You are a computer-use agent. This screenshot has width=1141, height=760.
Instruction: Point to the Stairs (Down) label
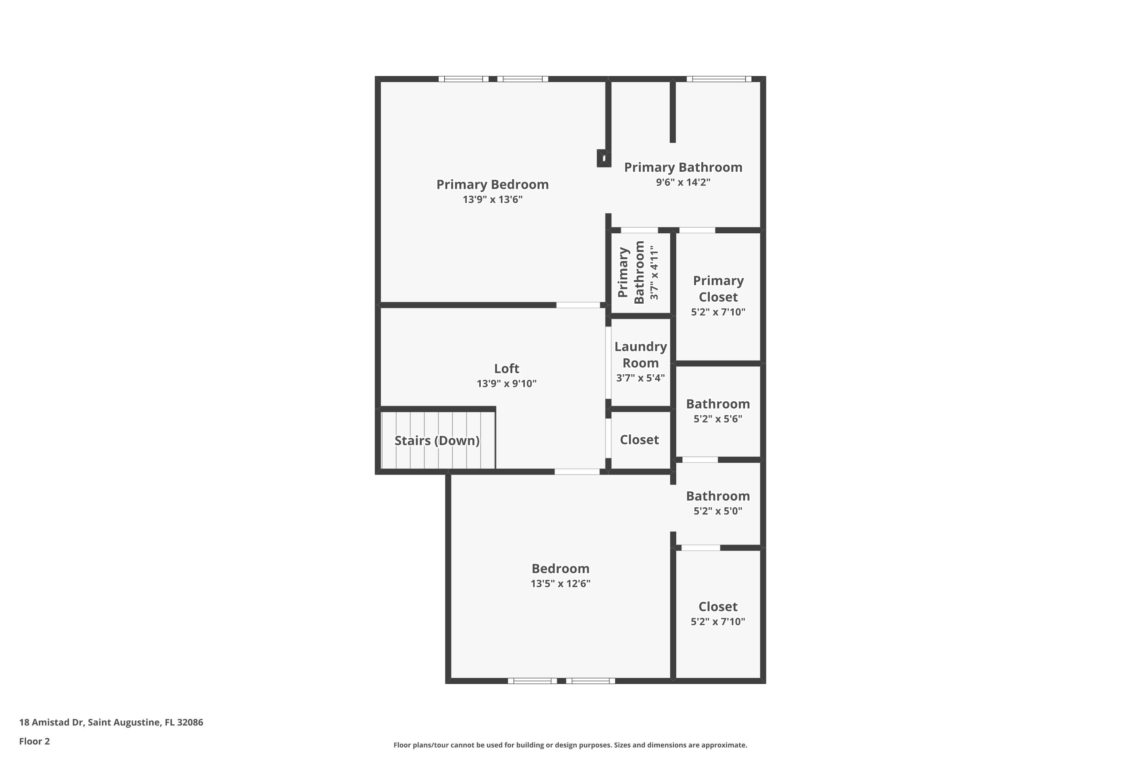click(x=437, y=440)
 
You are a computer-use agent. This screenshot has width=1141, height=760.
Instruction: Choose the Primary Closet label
click(x=718, y=288)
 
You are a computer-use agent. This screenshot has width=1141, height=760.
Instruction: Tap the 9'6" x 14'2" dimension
click(x=683, y=182)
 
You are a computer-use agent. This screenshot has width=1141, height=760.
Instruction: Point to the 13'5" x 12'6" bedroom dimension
click(x=560, y=584)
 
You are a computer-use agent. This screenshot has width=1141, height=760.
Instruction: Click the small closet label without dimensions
click(x=639, y=440)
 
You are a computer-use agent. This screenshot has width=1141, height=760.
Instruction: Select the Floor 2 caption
click(x=35, y=741)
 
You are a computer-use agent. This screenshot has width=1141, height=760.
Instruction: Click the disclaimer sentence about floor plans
click(x=570, y=745)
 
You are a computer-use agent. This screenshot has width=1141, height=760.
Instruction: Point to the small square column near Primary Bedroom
click(x=604, y=158)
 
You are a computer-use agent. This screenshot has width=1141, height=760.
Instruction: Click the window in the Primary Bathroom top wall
click(x=718, y=79)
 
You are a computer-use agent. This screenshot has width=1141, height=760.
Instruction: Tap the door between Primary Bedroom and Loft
click(x=578, y=305)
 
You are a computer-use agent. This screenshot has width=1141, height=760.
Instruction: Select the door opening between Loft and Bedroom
click(x=577, y=472)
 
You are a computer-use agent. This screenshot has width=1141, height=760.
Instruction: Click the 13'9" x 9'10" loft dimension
click(x=507, y=383)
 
